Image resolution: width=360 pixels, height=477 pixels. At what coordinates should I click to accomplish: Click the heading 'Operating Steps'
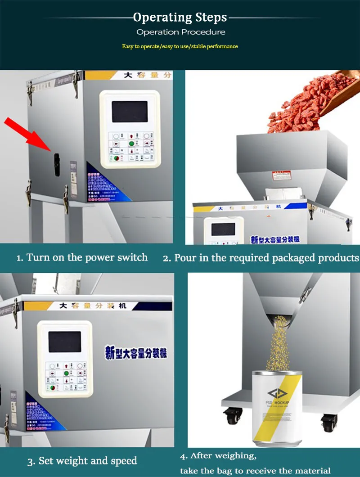(x=180, y=18)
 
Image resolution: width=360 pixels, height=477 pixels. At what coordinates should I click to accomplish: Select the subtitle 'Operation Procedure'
(x=180, y=32)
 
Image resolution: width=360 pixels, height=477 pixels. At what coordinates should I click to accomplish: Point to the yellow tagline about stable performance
(x=180, y=46)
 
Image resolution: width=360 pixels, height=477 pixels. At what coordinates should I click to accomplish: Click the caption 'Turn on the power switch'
(x=82, y=258)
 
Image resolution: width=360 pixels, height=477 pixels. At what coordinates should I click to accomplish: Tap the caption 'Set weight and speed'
(x=82, y=461)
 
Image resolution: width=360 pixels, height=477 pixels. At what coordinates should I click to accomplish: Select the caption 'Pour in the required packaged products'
(x=261, y=258)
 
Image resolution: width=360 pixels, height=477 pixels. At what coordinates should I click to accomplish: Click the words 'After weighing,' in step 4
(x=218, y=456)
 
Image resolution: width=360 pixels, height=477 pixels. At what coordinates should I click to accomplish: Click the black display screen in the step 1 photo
(x=129, y=112)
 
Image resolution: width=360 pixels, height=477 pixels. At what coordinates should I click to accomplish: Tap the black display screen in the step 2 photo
(x=223, y=229)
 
